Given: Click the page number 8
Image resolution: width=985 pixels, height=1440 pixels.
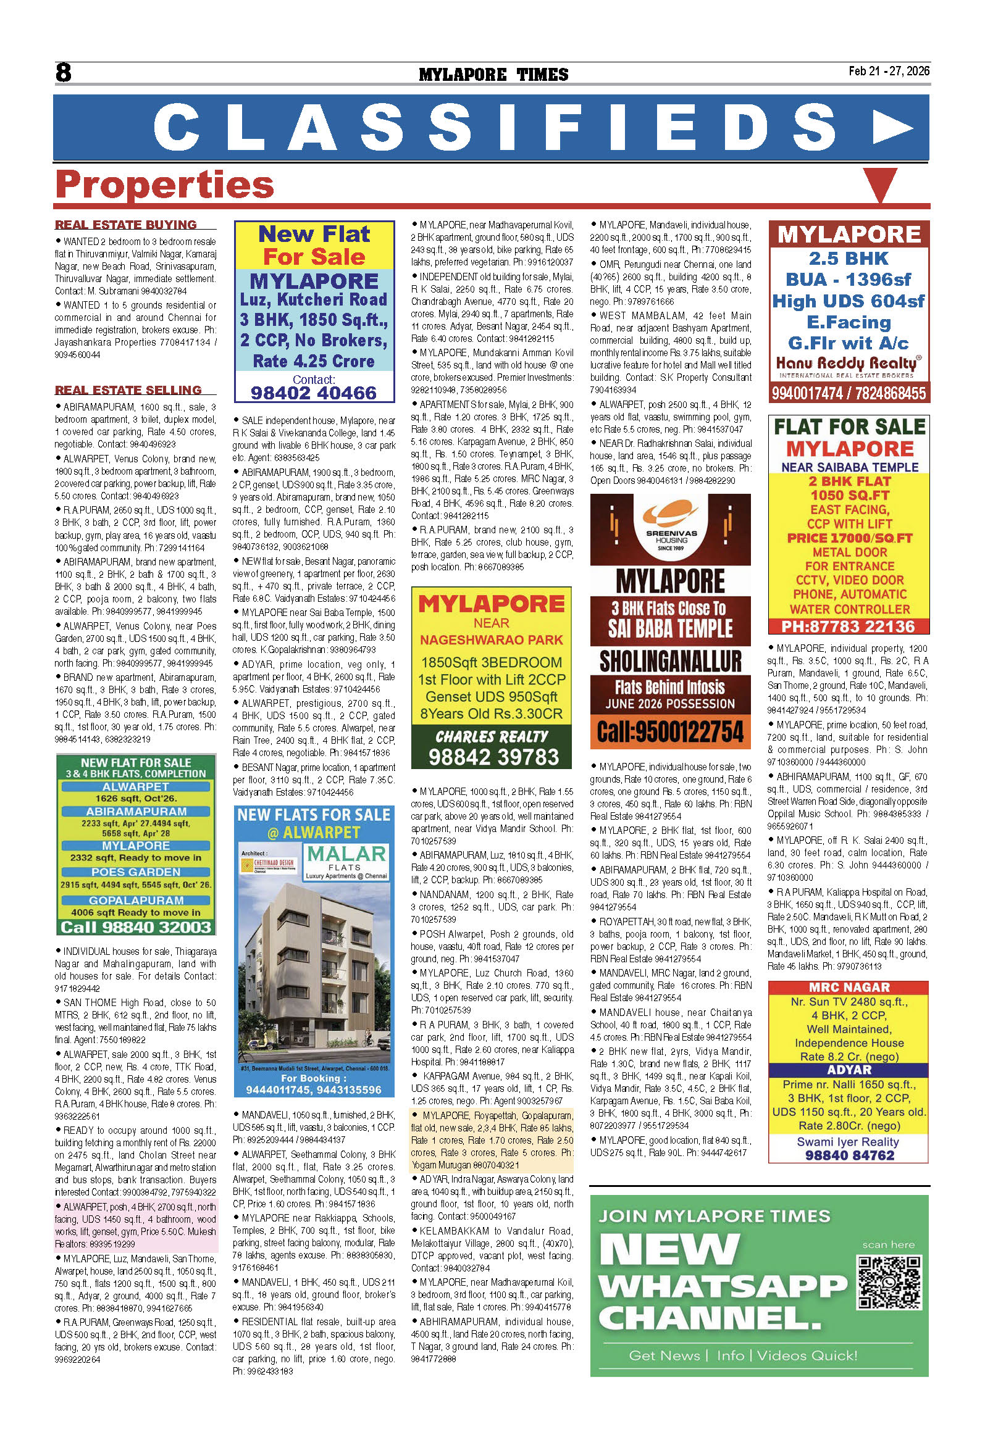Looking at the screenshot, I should (x=63, y=72).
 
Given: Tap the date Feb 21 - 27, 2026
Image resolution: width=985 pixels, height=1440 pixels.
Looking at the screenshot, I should (x=888, y=70).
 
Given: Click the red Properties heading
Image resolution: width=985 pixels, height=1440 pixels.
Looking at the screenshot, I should (x=164, y=185).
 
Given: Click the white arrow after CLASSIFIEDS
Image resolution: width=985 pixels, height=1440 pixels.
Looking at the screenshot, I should (x=892, y=128).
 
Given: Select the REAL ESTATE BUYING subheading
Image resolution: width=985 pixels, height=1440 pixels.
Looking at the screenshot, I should (x=126, y=224).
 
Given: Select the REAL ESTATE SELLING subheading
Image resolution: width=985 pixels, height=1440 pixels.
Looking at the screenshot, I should (x=128, y=389).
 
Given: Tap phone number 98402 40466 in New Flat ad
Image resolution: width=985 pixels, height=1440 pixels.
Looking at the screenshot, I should (x=314, y=393).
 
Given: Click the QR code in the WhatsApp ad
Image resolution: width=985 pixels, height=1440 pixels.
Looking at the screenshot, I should (x=887, y=1282).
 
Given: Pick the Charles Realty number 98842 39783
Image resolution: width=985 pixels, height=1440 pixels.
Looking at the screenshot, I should (x=493, y=757).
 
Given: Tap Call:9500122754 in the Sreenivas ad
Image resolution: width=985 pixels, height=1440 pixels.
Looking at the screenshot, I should (x=670, y=731).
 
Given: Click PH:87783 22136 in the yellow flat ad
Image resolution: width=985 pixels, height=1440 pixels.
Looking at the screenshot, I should (x=848, y=626).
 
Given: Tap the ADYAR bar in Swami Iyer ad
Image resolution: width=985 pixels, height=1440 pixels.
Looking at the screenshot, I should (x=849, y=1070).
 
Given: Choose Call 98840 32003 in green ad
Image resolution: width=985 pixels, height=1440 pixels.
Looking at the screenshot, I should (x=136, y=927).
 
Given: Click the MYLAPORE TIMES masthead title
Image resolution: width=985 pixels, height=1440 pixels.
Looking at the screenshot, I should (x=493, y=75).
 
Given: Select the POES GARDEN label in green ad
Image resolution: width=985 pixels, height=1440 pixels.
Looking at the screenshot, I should (x=136, y=872).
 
